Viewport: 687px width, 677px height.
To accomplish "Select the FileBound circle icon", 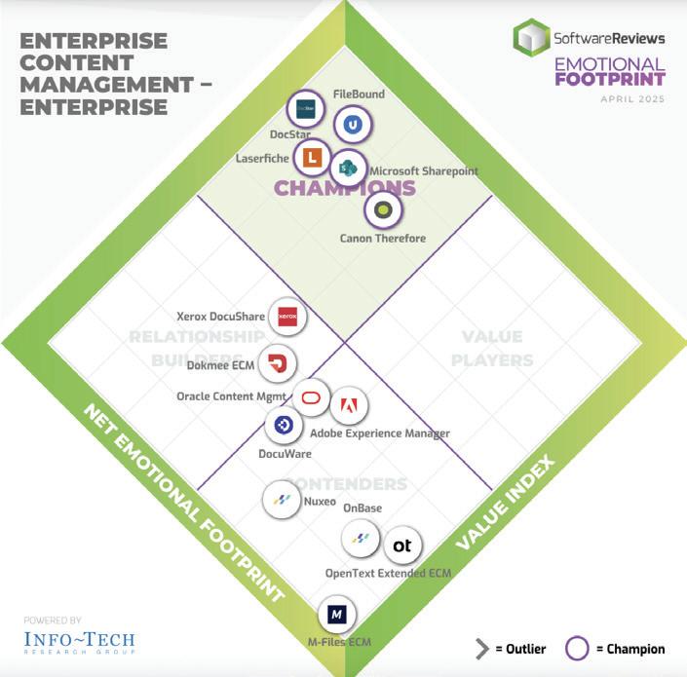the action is (x=352, y=124).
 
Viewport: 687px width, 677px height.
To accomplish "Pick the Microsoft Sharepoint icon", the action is (x=348, y=168).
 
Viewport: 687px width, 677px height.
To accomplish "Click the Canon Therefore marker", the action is (x=383, y=209).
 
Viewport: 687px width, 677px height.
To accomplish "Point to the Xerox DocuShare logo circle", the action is (x=286, y=316).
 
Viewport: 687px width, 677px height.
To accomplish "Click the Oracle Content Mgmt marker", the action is (x=311, y=396).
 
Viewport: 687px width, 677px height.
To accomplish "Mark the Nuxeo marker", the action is (x=282, y=501).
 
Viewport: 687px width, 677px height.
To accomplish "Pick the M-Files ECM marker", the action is (x=336, y=616).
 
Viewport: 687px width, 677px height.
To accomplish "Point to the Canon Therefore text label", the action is (x=382, y=238).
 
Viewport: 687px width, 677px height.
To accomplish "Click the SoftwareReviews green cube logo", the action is (x=531, y=39).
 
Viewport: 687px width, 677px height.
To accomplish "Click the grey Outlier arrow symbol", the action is (x=481, y=649).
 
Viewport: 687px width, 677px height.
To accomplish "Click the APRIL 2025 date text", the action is (x=632, y=100).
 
